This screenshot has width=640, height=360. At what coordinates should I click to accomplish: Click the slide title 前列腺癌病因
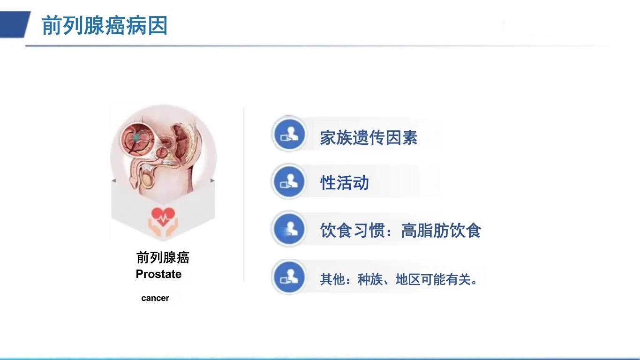click(x=105, y=26)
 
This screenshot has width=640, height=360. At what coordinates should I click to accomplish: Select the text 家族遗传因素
click(x=369, y=137)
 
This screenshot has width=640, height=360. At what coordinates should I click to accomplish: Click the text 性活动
click(x=345, y=182)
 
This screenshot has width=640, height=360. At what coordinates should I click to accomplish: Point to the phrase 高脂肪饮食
click(x=441, y=230)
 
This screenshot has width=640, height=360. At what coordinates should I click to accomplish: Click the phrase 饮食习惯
click(x=353, y=230)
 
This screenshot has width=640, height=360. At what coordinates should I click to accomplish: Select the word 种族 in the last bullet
click(x=370, y=279)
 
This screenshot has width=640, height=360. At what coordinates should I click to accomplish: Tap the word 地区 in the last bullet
click(x=408, y=279)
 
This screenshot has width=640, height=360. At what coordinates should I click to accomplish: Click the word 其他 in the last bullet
click(x=332, y=279)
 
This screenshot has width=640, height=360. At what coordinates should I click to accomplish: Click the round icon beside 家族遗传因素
click(x=289, y=134)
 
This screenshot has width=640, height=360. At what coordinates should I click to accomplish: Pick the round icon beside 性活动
click(x=289, y=181)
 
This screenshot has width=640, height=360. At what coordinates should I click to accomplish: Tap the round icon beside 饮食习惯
click(x=289, y=229)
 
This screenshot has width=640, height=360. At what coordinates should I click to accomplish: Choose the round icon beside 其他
click(x=289, y=277)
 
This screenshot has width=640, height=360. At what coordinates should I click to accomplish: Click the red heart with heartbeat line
click(x=163, y=216)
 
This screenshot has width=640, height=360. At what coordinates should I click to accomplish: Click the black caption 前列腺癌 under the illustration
click(x=163, y=257)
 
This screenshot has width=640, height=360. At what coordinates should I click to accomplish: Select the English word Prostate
click(x=158, y=274)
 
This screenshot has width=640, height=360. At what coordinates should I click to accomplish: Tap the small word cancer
click(x=155, y=298)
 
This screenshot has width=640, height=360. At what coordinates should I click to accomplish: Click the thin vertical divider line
click(x=244, y=195)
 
